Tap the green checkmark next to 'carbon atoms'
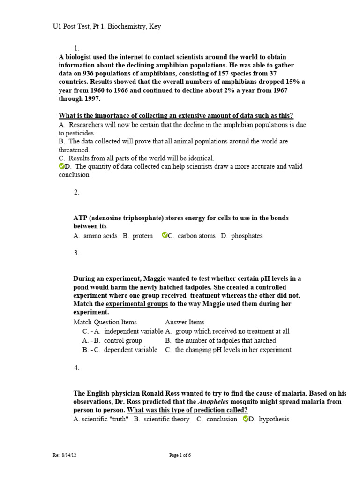(164, 235)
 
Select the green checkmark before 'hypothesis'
(246, 419)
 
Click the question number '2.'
(76, 192)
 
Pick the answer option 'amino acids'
(101, 236)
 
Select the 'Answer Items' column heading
(185, 322)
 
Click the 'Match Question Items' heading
(105, 322)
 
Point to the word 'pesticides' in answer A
(78, 133)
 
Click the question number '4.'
(76, 368)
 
